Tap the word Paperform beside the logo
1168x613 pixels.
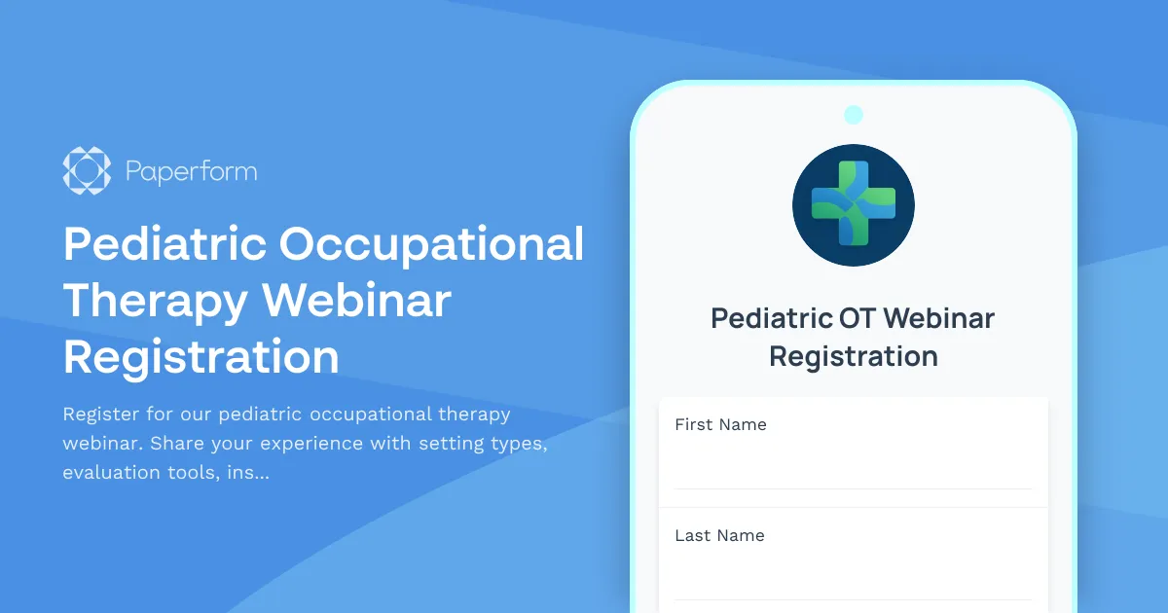(191, 173)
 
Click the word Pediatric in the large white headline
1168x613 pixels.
(164, 243)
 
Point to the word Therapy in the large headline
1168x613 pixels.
(155, 301)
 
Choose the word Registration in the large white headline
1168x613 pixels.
(201, 356)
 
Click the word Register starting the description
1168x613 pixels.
(100, 415)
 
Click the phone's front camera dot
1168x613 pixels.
(854, 115)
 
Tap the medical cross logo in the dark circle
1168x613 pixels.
(854, 204)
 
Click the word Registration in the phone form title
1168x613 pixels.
(854, 356)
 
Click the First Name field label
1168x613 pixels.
(720, 424)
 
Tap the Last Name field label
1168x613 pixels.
(719, 535)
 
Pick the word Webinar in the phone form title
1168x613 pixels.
(939, 318)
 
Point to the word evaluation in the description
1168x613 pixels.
(107, 473)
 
